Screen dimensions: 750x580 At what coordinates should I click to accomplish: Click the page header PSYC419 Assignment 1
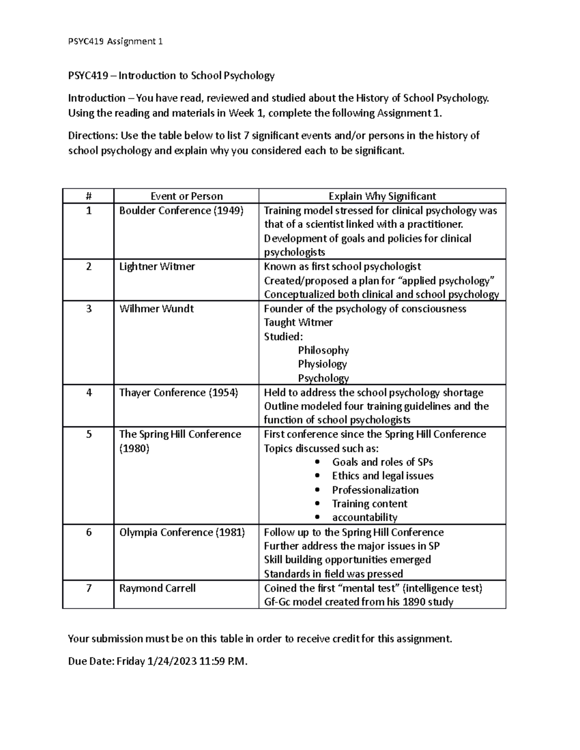coord(115,42)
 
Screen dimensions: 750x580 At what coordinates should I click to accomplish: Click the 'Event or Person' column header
coord(187,196)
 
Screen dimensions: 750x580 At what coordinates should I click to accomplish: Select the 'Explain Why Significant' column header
coord(382,196)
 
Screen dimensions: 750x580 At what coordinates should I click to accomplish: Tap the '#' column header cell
coord(88,196)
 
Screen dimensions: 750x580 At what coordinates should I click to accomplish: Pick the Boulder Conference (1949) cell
coord(181,211)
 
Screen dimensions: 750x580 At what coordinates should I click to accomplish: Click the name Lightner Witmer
coord(157,267)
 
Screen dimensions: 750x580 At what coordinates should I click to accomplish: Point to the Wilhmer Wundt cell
coord(156,309)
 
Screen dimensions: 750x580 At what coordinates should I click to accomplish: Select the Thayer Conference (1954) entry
coord(178,393)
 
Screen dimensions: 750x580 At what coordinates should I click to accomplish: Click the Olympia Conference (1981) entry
coord(182,532)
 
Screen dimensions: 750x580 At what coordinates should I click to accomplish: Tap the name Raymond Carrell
coord(157,588)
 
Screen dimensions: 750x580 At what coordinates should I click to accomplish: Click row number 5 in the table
coord(88,434)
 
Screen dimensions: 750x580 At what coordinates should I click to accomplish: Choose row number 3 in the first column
coord(88,309)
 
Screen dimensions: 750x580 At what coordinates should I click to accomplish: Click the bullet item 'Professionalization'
coord(375,490)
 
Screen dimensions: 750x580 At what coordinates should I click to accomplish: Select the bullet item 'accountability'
coord(364,518)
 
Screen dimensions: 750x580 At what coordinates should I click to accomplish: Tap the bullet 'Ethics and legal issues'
coord(382,476)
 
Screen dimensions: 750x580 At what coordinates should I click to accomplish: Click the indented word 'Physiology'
coord(322,364)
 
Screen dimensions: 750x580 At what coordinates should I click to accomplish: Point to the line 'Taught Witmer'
coord(298,322)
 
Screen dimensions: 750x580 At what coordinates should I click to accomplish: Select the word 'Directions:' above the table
coord(93,136)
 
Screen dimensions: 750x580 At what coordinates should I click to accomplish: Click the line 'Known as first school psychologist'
coord(342,267)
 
